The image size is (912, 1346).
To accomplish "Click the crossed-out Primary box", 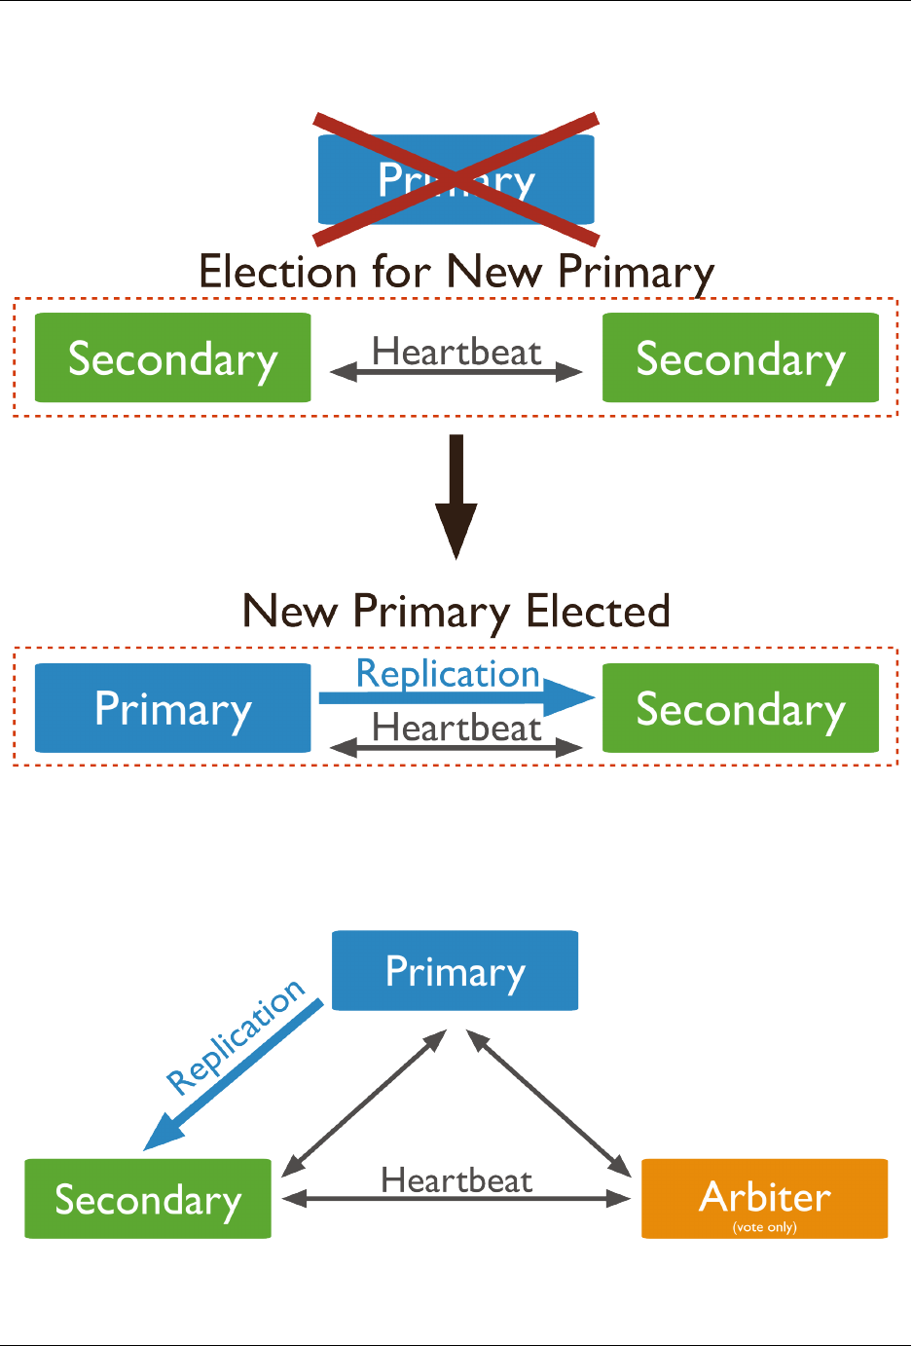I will point(456,180).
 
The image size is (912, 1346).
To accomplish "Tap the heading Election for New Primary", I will point(456,272).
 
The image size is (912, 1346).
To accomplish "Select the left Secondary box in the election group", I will point(172,358).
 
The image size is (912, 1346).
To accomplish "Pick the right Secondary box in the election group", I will point(740,358).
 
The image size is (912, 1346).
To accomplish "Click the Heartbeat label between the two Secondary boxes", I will point(456,352).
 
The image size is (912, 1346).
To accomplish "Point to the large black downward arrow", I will point(456,497).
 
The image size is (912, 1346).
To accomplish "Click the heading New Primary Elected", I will point(456,612).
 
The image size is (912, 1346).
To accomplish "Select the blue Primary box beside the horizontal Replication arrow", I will point(172,709).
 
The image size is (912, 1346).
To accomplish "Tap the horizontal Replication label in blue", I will point(448,674).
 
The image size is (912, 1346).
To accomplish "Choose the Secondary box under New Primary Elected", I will point(740,709).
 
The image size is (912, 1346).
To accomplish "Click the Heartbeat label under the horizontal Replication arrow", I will point(456,728).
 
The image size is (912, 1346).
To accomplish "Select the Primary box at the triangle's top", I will point(455,971).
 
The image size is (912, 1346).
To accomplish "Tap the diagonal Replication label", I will point(236,1038).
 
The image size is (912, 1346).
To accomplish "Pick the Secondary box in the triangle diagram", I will point(148,1199).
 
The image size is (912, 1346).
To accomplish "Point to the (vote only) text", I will point(764,1227).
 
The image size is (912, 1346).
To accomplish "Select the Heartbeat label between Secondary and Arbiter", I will point(456,1180).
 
